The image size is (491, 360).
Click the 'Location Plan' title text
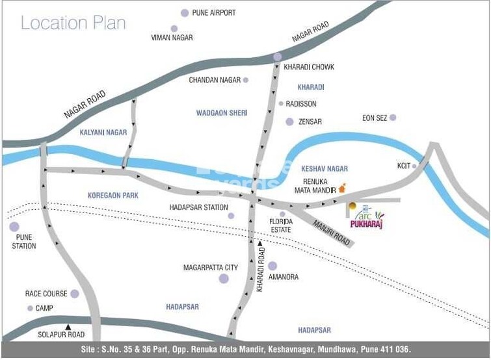point(73,23)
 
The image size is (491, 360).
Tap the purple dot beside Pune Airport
point(185,13)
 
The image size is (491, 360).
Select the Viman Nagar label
point(173,38)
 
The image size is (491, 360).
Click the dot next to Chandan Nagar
point(246,81)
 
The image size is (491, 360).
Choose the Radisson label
point(301,104)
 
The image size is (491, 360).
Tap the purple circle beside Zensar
point(290,122)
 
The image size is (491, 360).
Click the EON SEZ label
point(375,118)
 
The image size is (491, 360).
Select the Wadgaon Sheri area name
point(222,113)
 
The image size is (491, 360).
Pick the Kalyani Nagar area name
point(103,133)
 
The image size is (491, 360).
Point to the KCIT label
point(404,166)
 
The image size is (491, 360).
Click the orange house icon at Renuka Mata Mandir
point(342,188)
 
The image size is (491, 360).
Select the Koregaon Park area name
point(113,195)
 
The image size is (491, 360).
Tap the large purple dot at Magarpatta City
point(224,279)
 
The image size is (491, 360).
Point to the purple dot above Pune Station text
point(14,227)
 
